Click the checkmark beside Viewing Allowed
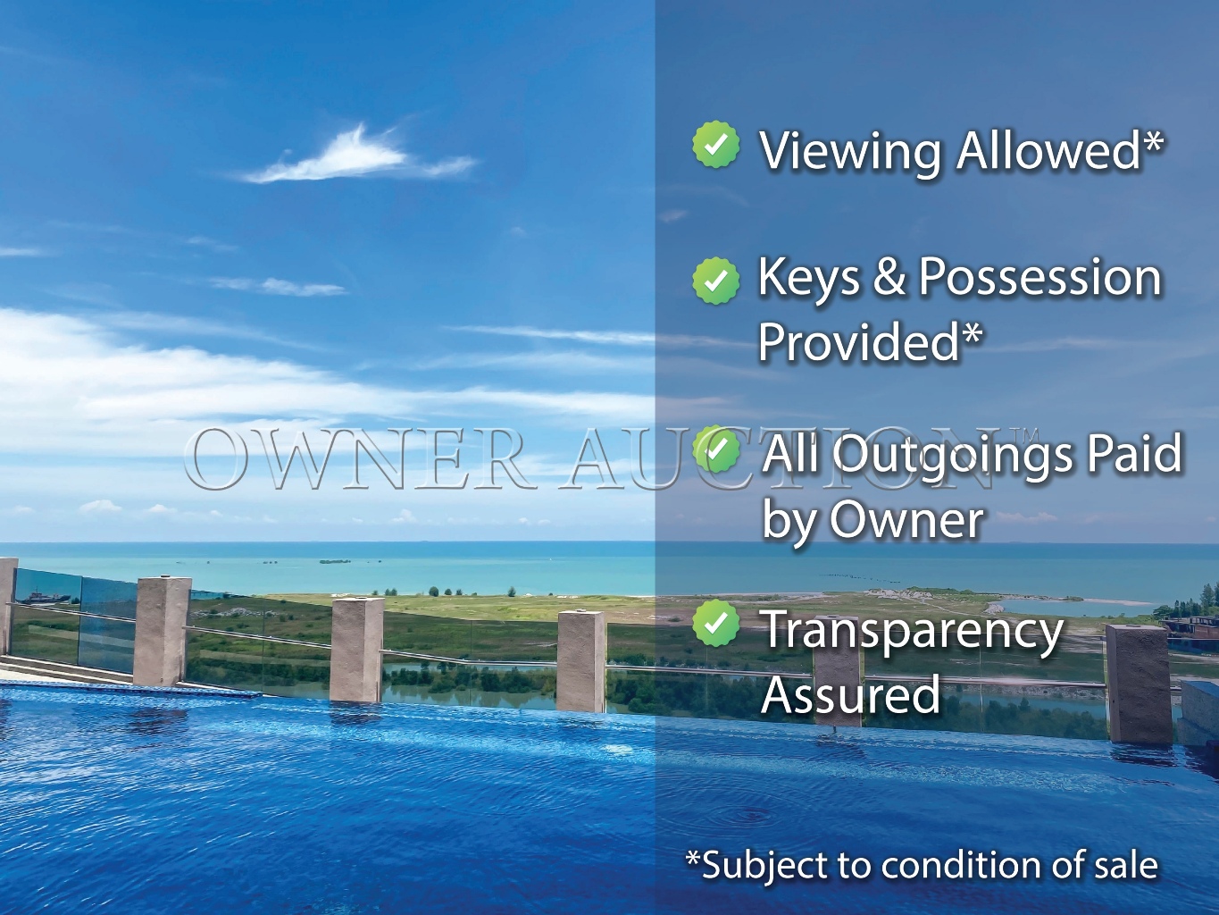click(715, 146)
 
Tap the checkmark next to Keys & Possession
click(715, 281)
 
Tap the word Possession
click(1040, 278)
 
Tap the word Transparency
click(912, 631)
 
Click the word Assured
click(850, 694)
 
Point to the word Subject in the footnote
click(764, 866)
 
